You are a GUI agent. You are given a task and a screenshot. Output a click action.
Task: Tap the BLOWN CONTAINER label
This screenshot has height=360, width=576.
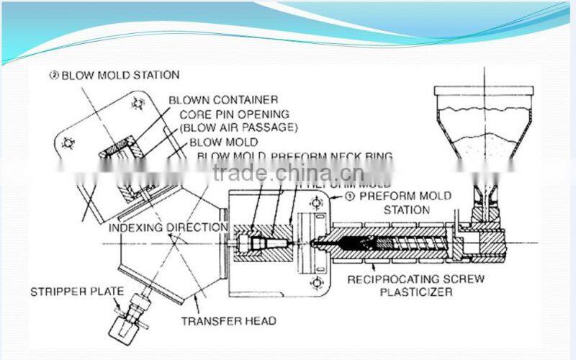point(223,99)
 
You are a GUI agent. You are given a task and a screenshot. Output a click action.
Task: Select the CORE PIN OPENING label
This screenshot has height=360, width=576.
point(229,114)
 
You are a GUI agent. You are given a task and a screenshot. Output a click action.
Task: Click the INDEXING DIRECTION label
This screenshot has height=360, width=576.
point(168,228)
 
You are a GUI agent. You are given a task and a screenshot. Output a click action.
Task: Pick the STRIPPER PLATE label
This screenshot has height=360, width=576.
point(77,292)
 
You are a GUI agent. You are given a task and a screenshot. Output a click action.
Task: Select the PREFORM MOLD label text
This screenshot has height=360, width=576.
point(405,196)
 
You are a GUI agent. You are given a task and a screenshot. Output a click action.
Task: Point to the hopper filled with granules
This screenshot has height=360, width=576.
point(484,130)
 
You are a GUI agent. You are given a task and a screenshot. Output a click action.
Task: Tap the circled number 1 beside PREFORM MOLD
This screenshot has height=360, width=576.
point(351,195)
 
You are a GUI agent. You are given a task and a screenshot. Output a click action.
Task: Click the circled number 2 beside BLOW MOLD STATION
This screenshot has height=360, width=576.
point(53,74)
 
